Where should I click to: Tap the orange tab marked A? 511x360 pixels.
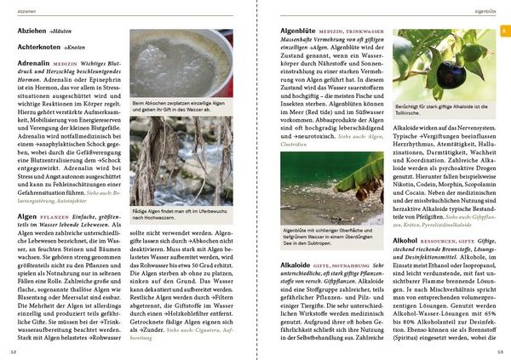coord(503,31)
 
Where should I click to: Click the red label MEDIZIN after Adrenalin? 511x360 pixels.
coord(66,65)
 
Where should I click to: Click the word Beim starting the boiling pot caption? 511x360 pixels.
coord(141,103)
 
